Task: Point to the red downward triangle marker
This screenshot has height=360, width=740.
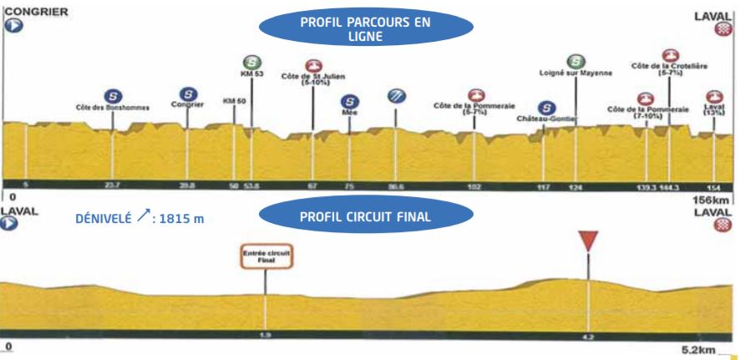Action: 590,241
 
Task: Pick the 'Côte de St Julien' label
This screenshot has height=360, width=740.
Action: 313,80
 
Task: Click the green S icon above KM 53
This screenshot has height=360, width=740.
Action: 251,62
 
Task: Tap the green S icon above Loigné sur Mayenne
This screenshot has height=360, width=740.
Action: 575,61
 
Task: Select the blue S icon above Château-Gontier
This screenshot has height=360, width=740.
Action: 546,108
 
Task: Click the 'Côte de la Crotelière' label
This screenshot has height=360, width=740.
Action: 669,70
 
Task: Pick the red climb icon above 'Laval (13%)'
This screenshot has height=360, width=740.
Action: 714,98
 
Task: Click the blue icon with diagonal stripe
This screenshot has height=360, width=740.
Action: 396,95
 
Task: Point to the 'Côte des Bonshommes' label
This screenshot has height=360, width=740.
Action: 112,109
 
